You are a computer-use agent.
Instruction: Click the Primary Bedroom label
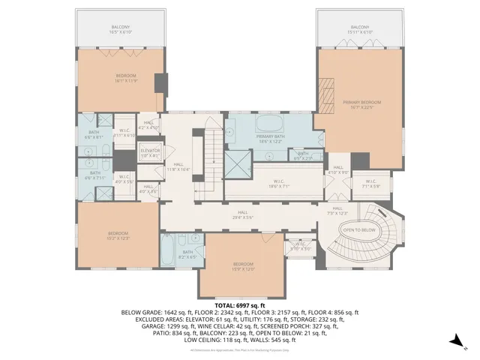[x=362, y=103]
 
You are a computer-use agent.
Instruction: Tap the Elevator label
[x=151, y=152]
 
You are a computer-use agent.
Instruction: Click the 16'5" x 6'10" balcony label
[x=121, y=30]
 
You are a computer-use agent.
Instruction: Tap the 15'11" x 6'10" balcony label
[x=359, y=30]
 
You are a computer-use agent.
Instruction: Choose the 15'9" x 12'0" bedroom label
[x=242, y=266]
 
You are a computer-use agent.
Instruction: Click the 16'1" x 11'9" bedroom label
[x=126, y=78]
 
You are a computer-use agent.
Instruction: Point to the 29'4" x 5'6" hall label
[x=243, y=214]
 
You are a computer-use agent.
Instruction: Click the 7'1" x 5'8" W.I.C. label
[x=371, y=183]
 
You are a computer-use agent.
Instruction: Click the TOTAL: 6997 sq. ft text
[x=240, y=305]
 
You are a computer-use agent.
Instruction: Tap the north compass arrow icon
[x=454, y=341]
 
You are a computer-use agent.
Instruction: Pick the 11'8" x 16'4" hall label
[x=178, y=166]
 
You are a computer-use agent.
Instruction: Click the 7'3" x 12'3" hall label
[x=337, y=211]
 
